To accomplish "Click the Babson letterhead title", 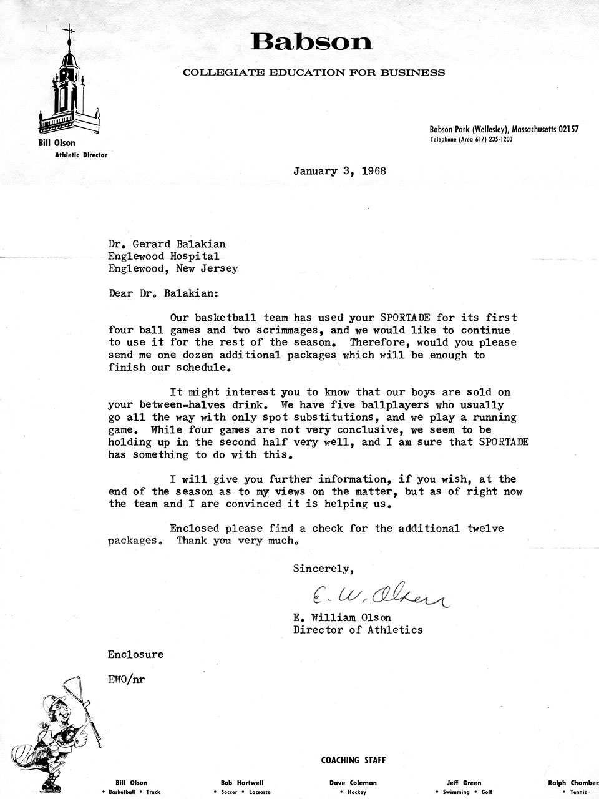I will pyautogui.click(x=311, y=42).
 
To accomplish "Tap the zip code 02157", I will pyautogui.click(x=568, y=129).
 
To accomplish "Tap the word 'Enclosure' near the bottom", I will pyautogui.click(x=135, y=654).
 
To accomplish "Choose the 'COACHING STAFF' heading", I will pyautogui.click(x=353, y=760).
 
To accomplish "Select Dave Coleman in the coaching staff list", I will pyautogui.click(x=353, y=783).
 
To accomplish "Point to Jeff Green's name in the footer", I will pyautogui.click(x=464, y=783).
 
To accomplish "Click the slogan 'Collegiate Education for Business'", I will pyautogui.click(x=314, y=72).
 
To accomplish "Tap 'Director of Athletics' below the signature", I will pyautogui.click(x=358, y=630).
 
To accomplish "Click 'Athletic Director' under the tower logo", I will pyautogui.click(x=81, y=155).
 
